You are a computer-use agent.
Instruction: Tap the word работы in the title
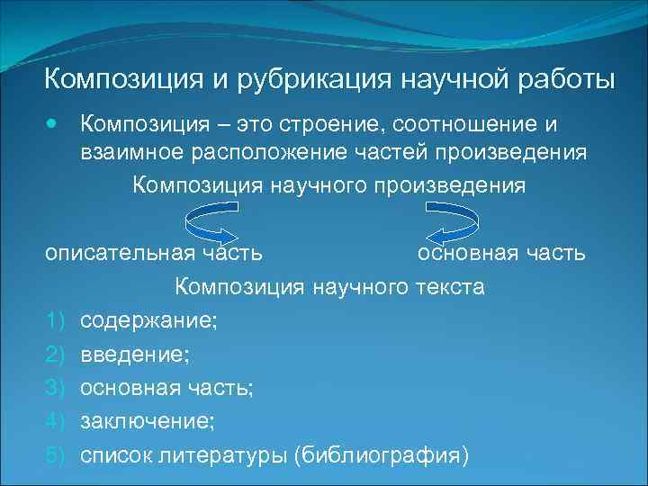point(562,78)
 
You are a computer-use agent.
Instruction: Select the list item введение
point(134,355)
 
